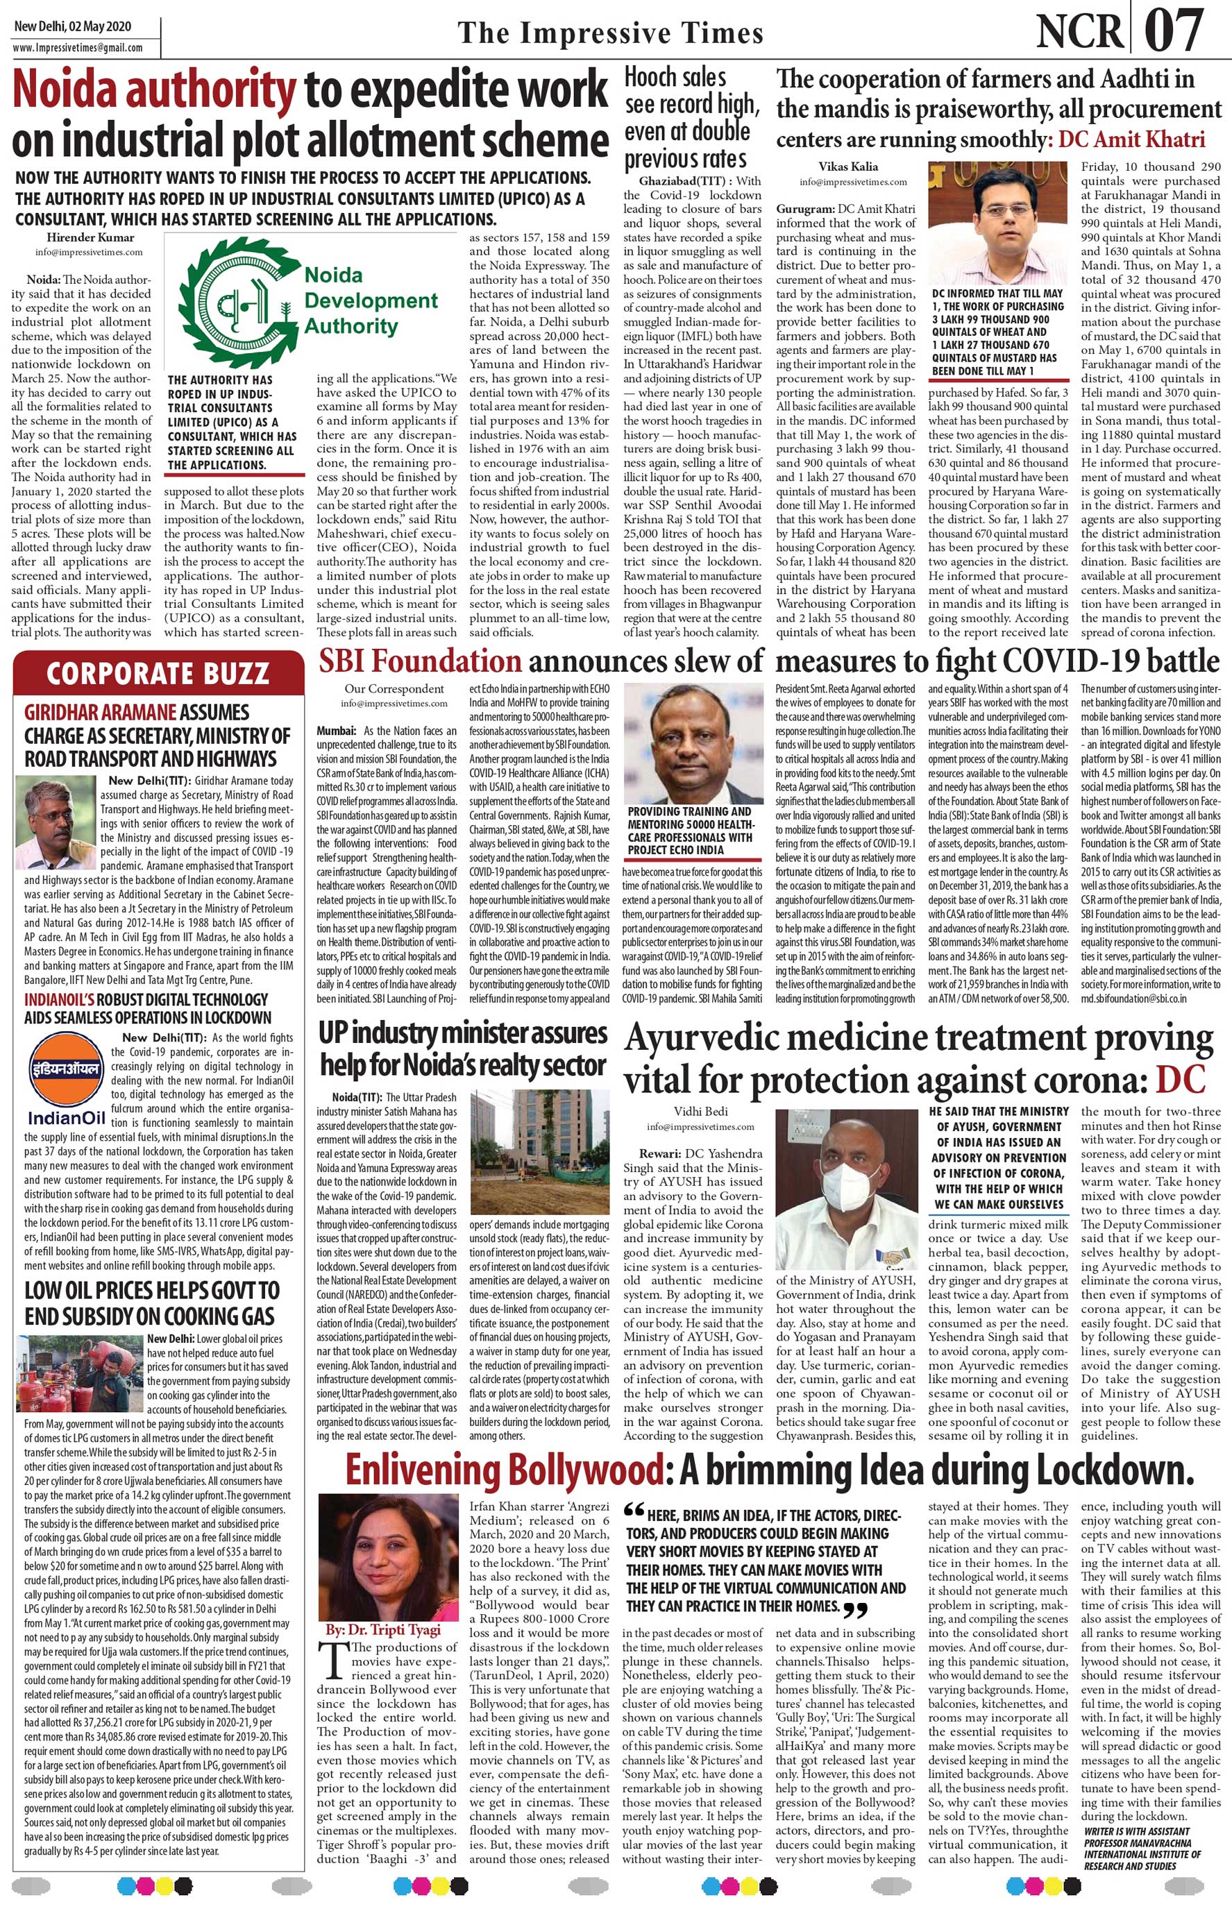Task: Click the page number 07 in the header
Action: [x=1174, y=30]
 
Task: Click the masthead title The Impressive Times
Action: [x=610, y=33]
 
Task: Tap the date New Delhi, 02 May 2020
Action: [x=61, y=26]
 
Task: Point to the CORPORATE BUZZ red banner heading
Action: [x=157, y=673]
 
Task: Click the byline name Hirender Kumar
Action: [x=90, y=237]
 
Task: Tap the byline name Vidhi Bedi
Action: [x=700, y=1112]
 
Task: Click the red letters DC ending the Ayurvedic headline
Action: [x=1179, y=1080]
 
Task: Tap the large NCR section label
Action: [x=1079, y=32]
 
